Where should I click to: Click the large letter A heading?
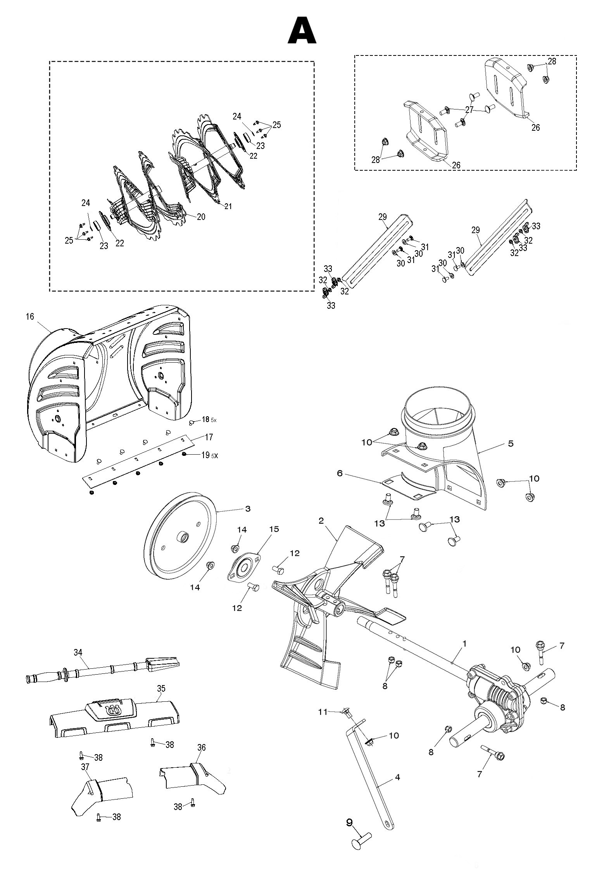tap(302, 31)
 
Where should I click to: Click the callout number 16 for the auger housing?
tap(30, 317)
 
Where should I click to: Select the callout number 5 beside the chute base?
tap(511, 443)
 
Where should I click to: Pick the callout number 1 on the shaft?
tap(464, 644)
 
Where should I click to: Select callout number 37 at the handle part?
tap(85, 767)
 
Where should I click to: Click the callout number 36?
tap(201, 747)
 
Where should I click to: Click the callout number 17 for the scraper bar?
tap(209, 437)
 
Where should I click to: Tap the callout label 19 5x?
tap(209, 455)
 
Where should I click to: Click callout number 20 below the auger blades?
tap(201, 217)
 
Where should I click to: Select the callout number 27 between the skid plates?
tap(469, 110)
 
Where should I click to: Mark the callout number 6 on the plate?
tap(339, 474)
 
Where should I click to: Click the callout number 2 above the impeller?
tap(321, 521)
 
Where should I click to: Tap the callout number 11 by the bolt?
tap(323, 711)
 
